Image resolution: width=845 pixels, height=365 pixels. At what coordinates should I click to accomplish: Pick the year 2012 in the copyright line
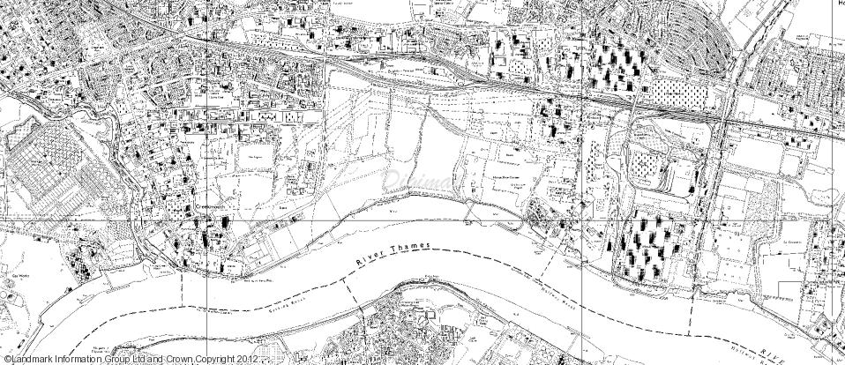[x=248, y=360]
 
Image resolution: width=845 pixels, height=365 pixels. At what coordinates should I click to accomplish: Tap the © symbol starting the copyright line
[x=4, y=360]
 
